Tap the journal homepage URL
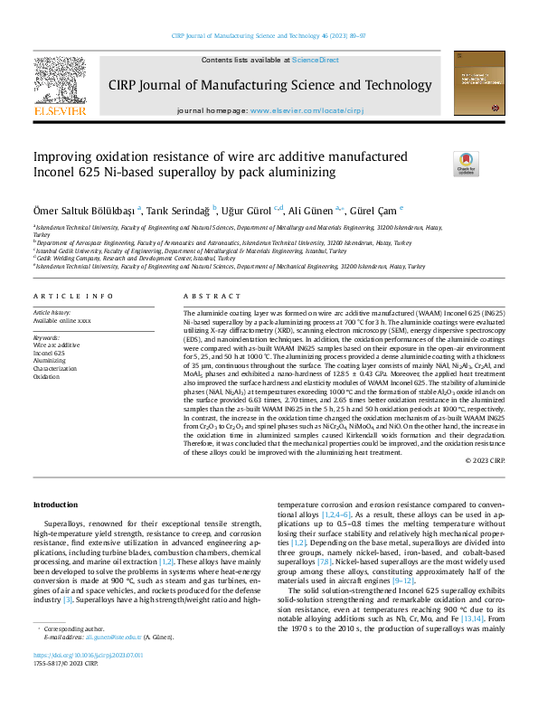298,109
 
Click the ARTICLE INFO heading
74,297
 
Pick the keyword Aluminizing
50,359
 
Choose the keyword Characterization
55,366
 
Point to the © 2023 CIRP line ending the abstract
485,461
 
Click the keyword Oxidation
47,374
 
